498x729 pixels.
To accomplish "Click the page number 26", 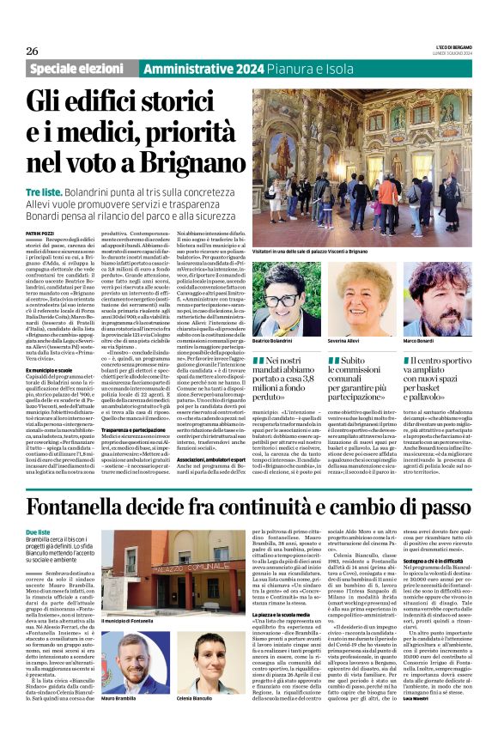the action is [36, 51].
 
